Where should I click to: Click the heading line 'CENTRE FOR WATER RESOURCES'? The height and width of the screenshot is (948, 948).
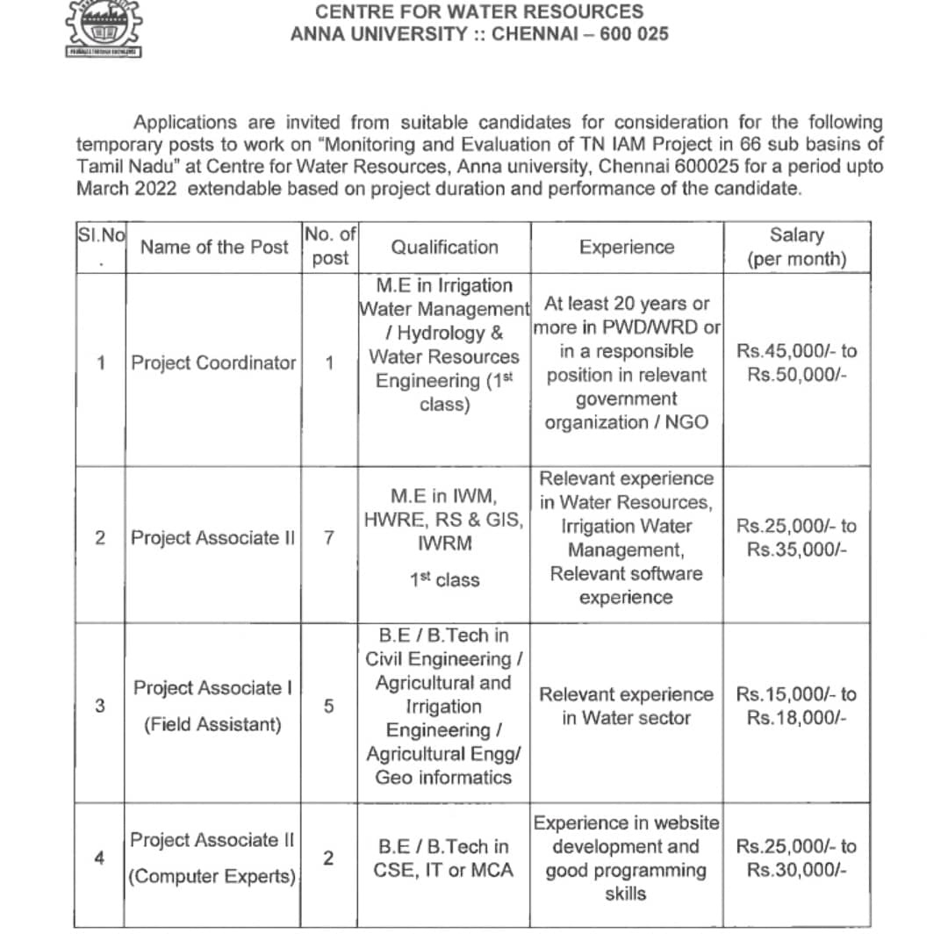tap(479, 11)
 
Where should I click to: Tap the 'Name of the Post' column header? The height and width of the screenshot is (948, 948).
tap(214, 248)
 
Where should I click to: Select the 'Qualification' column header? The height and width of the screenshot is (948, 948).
tap(444, 248)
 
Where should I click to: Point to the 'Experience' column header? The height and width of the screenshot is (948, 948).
tap(627, 248)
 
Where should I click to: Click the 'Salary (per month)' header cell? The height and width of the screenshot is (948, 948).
tap(797, 247)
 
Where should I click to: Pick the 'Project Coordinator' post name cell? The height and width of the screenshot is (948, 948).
tap(213, 363)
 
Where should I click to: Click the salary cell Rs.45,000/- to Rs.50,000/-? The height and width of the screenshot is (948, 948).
tap(797, 363)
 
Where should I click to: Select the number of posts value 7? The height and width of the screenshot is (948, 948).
tap(328, 538)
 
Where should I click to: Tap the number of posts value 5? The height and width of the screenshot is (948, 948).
tap(328, 706)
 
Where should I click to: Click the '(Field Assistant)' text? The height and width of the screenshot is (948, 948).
tap(213, 725)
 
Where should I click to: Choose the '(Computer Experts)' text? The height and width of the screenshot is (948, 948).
tap(213, 876)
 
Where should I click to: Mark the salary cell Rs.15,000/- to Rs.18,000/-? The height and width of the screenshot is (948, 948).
tap(797, 706)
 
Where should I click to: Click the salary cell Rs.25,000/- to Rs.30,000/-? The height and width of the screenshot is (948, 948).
tap(797, 858)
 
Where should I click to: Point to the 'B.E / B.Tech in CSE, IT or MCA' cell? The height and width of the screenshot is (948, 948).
tap(444, 858)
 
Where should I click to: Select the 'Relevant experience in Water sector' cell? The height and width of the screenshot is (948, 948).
tap(627, 706)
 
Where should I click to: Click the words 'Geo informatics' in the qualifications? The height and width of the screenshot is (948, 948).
tap(443, 778)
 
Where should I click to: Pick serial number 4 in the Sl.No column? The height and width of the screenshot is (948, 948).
tap(98, 858)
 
